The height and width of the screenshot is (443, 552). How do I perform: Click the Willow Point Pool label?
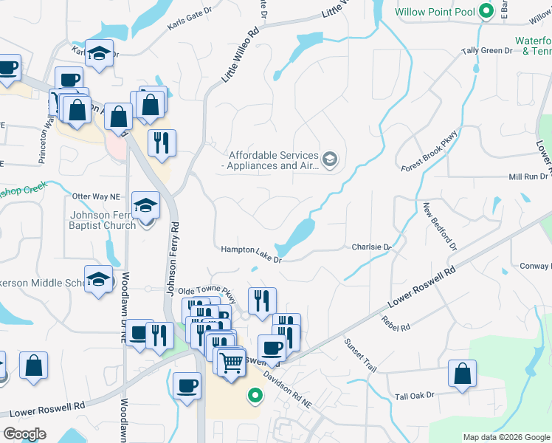[x=435, y=13]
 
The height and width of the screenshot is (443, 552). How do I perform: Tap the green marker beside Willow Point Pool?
[x=486, y=12]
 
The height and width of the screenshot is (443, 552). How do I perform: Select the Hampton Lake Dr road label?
[x=252, y=254]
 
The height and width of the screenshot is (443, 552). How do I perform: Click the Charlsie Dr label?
[x=370, y=247]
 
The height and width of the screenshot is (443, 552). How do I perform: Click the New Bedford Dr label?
[x=440, y=225]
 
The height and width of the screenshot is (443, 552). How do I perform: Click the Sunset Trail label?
[x=360, y=354]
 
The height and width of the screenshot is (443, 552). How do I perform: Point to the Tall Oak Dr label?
[x=415, y=396]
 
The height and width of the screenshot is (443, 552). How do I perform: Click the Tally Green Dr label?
[x=486, y=51]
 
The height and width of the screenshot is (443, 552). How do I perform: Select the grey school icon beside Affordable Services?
[x=330, y=159]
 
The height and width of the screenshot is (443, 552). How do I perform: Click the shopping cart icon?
[x=232, y=362]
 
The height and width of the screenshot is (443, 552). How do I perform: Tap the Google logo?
[x=24, y=434]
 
